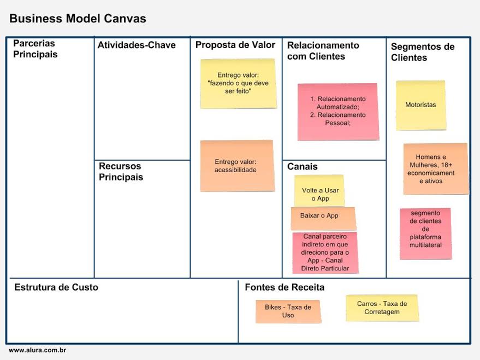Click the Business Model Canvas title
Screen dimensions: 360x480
78,19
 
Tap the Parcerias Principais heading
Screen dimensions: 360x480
35,49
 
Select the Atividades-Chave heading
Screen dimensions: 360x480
137,45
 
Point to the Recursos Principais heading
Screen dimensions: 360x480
121,172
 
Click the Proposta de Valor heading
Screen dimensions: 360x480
235,45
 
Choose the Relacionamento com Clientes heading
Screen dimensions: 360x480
323,51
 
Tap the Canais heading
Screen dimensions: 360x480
302,167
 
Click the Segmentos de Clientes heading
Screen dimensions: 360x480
422,52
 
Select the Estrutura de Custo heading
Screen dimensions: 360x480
56,287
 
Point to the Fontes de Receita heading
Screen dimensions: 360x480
285,287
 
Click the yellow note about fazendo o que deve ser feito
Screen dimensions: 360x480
238,84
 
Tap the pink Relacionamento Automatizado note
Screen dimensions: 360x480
338,111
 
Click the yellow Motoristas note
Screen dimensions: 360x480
420,105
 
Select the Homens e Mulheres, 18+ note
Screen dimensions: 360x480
435,169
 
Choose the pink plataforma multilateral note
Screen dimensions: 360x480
425,233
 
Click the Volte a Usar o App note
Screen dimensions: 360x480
319,191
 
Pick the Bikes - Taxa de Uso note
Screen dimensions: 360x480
288,311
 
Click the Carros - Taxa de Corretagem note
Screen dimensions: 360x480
382,308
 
